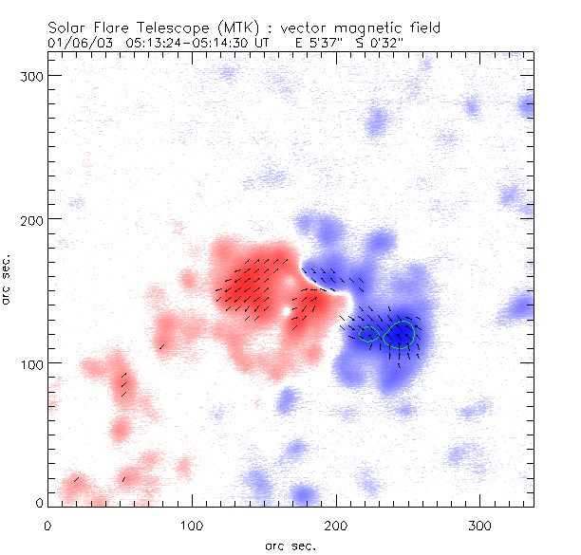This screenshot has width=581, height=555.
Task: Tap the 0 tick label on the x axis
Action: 47,525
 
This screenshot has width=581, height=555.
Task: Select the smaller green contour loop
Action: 368,333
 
